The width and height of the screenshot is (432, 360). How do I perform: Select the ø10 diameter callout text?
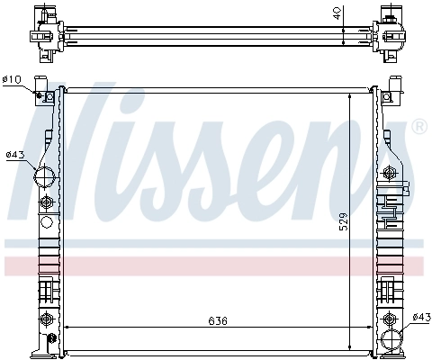pyautogui.click(x=12, y=80)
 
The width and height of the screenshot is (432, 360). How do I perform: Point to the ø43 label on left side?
pyautogui.click(x=13, y=155)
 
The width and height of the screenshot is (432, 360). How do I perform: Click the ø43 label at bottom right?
pyautogui.click(x=420, y=317)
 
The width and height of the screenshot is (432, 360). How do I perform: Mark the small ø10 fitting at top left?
pyautogui.click(x=40, y=94)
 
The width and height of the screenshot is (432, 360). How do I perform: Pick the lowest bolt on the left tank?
pyautogui.click(x=48, y=319)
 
